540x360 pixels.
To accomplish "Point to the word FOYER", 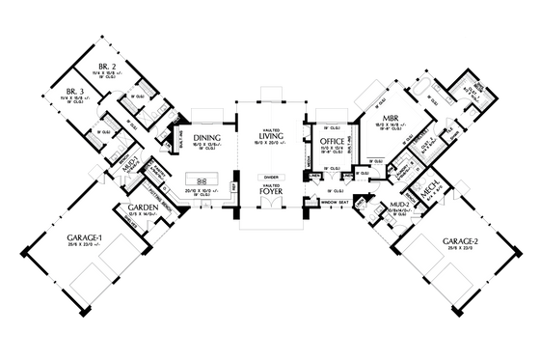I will coord(269,192).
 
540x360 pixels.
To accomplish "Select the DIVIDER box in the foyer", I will coord(269,179).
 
